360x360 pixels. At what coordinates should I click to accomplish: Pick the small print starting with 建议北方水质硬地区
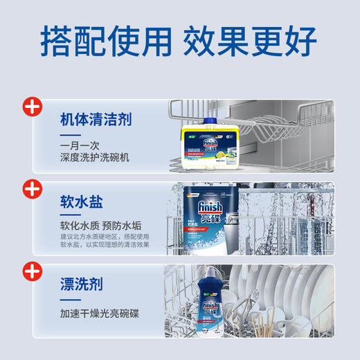[103, 240]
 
